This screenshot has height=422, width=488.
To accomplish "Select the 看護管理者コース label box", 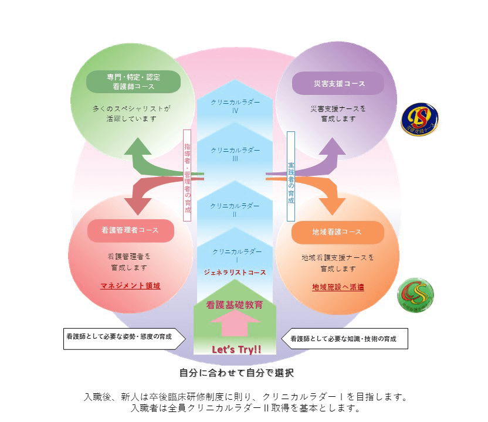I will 130,231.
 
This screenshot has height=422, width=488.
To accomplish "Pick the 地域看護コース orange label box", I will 337,232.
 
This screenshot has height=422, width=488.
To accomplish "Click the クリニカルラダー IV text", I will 235,105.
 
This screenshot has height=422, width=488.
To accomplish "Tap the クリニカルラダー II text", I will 235,210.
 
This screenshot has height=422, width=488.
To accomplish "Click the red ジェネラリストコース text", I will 235,273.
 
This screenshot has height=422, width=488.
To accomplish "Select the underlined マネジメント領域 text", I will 130,286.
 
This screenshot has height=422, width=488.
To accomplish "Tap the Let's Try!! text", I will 236,350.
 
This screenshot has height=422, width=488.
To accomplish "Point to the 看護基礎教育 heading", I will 235,305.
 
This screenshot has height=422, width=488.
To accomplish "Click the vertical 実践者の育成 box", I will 290,175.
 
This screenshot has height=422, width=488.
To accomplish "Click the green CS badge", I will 415,293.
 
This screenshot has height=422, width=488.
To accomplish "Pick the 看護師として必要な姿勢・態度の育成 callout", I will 124,338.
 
